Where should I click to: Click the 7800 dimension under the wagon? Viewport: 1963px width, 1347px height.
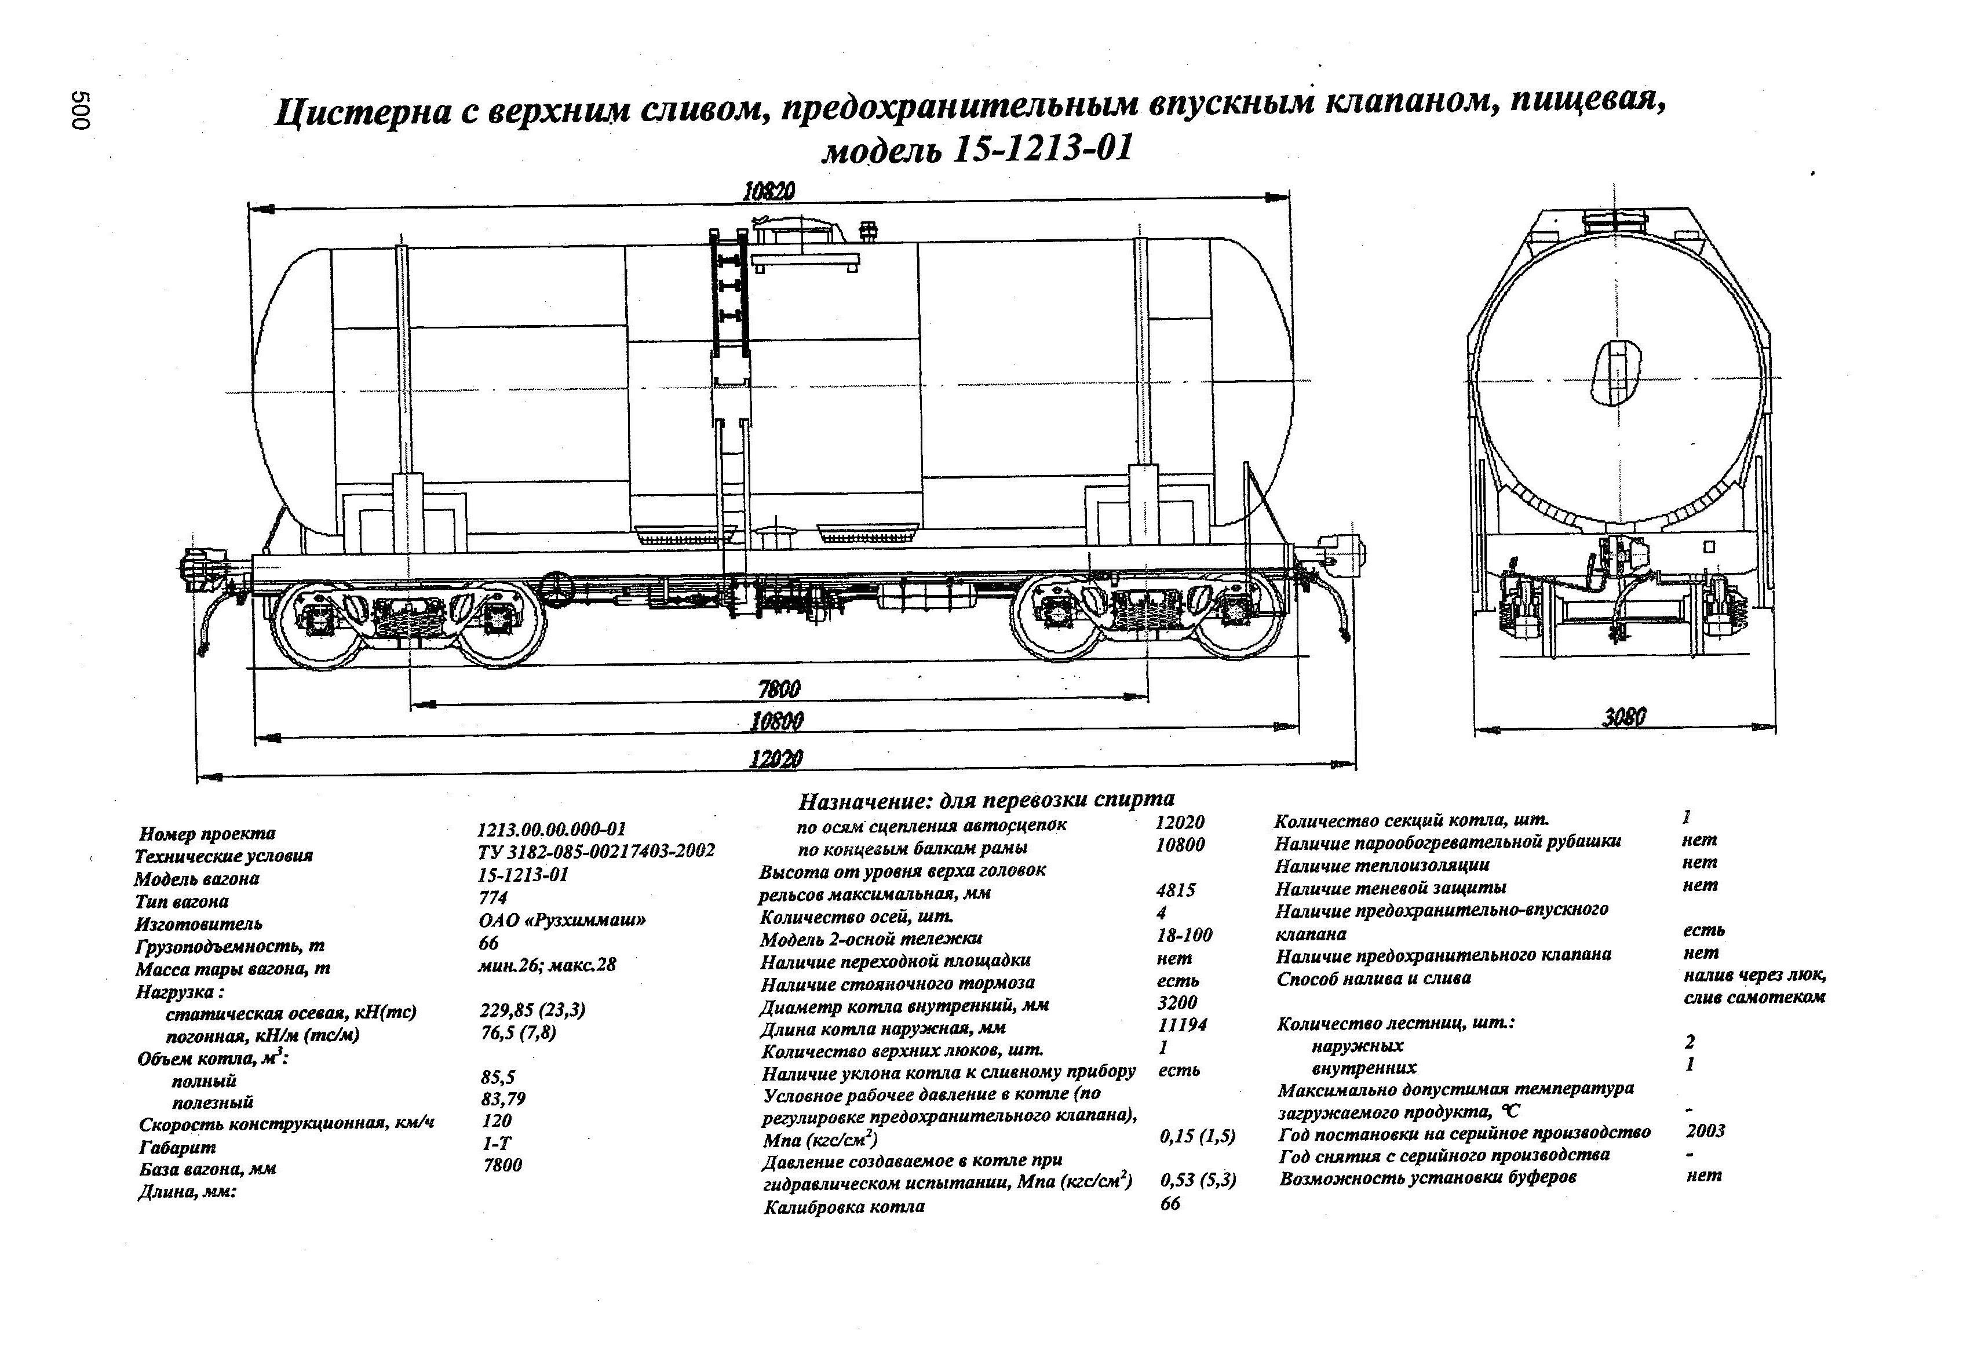(778, 690)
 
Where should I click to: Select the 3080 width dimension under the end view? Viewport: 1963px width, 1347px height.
(1623, 717)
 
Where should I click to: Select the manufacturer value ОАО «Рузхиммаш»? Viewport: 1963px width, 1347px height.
(561, 921)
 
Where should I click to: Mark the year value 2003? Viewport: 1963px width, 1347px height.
(1705, 1131)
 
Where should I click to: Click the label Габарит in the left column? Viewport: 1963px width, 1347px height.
(177, 1148)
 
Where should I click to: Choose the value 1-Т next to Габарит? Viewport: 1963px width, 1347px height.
(496, 1144)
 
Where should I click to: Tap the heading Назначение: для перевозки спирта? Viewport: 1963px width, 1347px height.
(986, 799)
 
